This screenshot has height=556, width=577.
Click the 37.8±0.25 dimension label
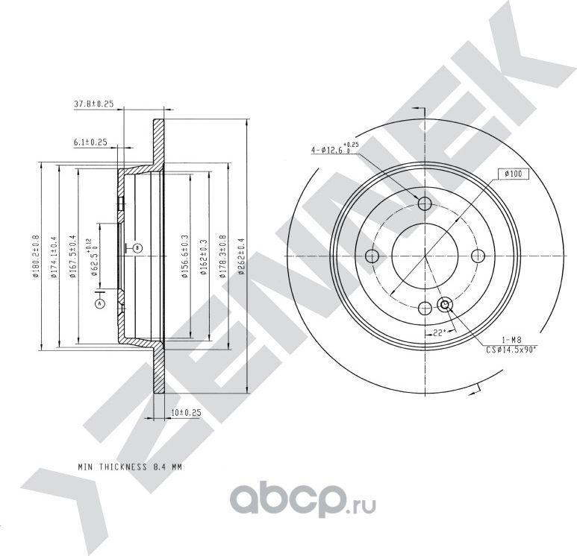(x=94, y=104)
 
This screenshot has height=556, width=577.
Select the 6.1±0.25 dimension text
(x=90, y=142)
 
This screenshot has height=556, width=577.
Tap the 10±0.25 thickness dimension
(x=186, y=413)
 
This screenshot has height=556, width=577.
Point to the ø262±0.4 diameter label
(x=241, y=257)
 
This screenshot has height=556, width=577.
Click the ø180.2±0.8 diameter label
(x=36, y=256)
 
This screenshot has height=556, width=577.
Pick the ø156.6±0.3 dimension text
(x=184, y=256)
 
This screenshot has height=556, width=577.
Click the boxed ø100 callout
(x=514, y=174)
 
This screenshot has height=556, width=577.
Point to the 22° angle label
(x=439, y=333)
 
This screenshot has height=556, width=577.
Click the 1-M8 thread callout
(x=511, y=341)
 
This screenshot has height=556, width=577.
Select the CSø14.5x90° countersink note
(x=511, y=350)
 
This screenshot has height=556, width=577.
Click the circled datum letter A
(x=99, y=303)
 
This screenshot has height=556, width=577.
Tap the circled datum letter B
(x=137, y=248)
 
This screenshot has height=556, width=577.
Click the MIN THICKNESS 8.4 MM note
(x=130, y=467)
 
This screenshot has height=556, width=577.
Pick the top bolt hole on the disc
(x=425, y=203)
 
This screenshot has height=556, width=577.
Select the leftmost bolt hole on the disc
(x=372, y=256)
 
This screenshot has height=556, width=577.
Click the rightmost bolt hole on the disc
(x=478, y=256)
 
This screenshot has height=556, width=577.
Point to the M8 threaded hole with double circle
(x=445, y=304)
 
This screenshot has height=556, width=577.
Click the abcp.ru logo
(x=303, y=500)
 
